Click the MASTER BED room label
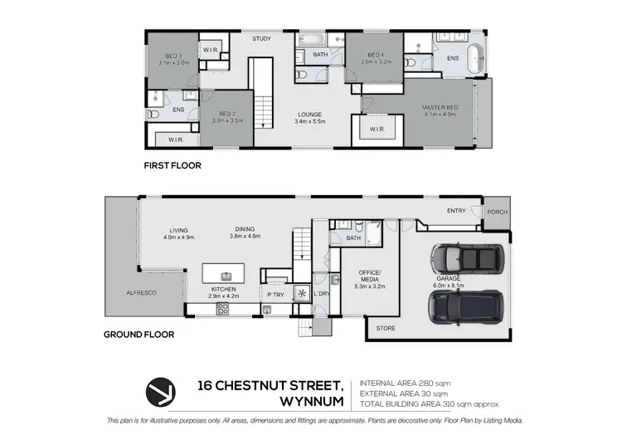pyautogui.click(x=440, y=107)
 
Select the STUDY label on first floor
pyautogui.click(x=262, y=39)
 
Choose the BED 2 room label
pyautogui.click(x=226, y=115)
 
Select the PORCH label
pyautogui.click(x=496, y=211)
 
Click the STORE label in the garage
pyautogui.click(x=386, y=329)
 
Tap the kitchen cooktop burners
pyautogui.click(x=222, y=309)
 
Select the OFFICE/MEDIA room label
pyautogui.click(x=368, y=278)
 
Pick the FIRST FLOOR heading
pyautogui.click(x=173, y=165)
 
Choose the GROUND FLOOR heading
pyautogui.click(x=138, y=335)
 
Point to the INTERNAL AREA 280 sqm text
pyautogui.click(x=404, y=384)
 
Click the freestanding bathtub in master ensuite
pyautogui.click(x=475, y=61)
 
